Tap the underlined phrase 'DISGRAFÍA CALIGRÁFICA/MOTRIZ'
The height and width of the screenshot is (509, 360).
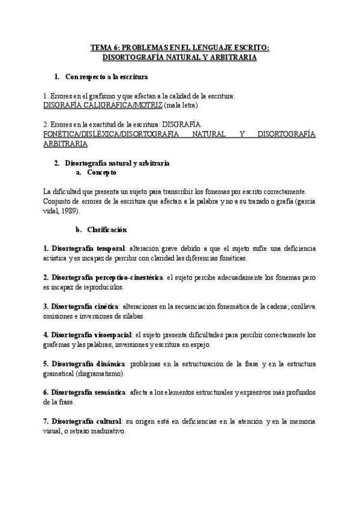coord(103,105)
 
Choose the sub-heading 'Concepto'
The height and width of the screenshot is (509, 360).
coord(102,172)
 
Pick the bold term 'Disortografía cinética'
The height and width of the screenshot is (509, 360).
coord(85,307)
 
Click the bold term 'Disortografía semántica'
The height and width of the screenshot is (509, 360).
coord(89,393)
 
